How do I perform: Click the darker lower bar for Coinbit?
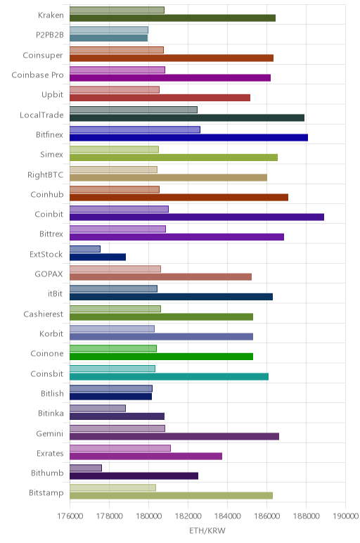click(197, 217)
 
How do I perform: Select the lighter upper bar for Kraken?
click(117, 10)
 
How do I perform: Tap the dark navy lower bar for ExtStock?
click(98, 257)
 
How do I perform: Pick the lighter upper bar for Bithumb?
click(86, 468)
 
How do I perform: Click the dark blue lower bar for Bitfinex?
click(188, 137)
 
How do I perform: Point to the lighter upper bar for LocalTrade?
click(134, 110)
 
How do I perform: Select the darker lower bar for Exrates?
click(146, 456)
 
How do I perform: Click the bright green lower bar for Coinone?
click(161, 357)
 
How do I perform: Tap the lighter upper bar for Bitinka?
click(98, 408)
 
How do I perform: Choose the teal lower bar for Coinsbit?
click(169, 376)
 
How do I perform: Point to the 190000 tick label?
click(345, 516)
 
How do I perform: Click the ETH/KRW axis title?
click(207, 530)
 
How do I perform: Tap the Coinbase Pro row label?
click(38, 75)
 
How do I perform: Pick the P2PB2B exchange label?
click(50, 34)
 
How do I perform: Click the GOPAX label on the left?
click(49, 274)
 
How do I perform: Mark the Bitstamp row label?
click(46, 493)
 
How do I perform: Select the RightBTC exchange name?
click(45, 174)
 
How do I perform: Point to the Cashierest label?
click(44, 314)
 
